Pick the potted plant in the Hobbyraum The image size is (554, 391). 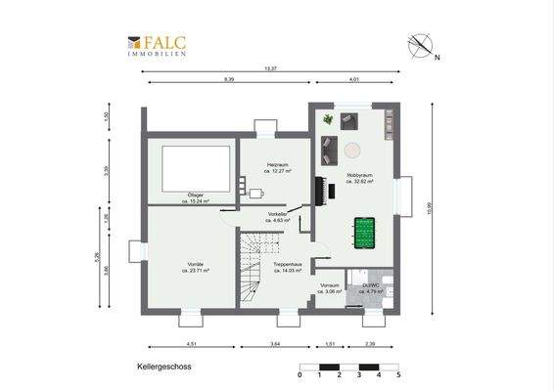(327, 119)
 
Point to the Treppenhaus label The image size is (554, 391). (287, 265)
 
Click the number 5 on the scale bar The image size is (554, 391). (398, 375)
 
